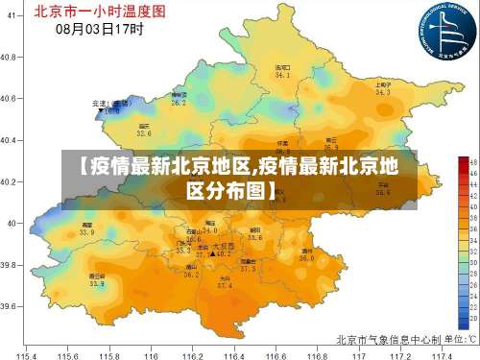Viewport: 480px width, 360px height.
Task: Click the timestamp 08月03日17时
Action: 100,29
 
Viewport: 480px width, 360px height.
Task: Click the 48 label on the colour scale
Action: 462,161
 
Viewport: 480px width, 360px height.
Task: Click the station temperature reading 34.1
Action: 282,74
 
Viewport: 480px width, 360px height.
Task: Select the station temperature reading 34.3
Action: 382,93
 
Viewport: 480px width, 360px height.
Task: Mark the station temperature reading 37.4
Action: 225,285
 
